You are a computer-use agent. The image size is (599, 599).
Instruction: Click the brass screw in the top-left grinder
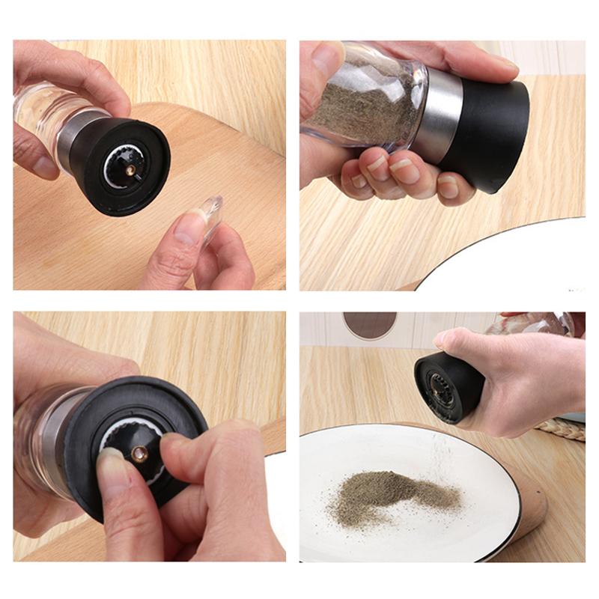[x=130, y=171]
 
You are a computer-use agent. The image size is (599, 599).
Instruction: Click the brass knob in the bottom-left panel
[x=140, y=453]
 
